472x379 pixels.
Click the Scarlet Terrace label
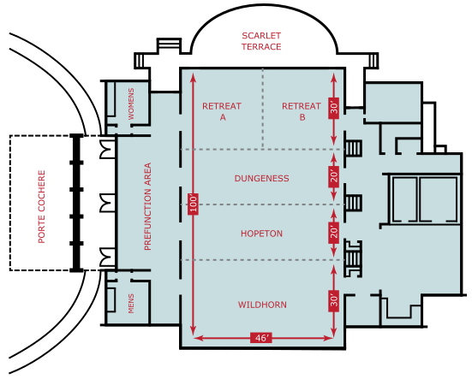(261, 41)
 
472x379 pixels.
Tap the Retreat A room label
(222, 112)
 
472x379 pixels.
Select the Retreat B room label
(302, 112)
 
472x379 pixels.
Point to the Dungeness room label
(261, 179)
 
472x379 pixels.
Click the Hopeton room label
(261, 234)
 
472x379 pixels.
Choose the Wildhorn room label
(261, 305)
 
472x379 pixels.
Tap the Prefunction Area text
(147, 206)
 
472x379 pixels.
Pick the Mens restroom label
(132, 303)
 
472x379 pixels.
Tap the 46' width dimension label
(261, 338)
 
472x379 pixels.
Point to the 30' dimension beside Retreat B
(334, 108)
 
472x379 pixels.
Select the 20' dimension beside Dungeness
(334, 176)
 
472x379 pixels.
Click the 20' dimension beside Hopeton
(334, 232)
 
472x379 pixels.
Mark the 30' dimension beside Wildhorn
(334, 299)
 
